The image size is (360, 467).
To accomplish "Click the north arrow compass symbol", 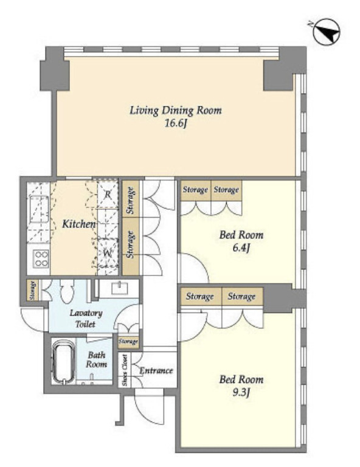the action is click(x=327, y=32).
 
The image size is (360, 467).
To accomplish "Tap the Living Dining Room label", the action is click(x=176, y=110).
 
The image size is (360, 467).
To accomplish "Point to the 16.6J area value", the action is click(x=176, y=123).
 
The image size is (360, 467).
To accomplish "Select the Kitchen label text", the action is click(x=79, y=224).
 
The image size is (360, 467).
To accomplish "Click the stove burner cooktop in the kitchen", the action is click(x=41, y=258).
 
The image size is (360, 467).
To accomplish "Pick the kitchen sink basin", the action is click(x=38, y=209).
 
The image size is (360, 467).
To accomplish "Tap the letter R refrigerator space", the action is click(x=108, y=195).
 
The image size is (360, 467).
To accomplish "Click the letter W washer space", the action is click(x=108, y=254).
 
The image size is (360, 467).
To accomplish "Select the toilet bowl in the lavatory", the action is click(x=66, y=291).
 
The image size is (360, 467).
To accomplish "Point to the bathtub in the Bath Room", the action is click(x=63, y=361).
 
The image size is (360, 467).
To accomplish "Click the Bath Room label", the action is click(x=97, y=359).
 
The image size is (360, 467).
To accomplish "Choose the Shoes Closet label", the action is click(x=125, y=370).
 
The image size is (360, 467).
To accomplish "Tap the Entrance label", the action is click(x=156, y=370).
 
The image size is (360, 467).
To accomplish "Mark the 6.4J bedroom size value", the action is click(x=241, y=247).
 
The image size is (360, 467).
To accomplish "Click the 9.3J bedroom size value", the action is click(x=241, y=392).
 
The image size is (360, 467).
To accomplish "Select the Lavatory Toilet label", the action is click(x=86, y=319).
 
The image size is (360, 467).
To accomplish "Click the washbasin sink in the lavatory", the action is click(x=120, y=288).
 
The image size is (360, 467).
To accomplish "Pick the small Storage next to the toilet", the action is click(x=32, y=290).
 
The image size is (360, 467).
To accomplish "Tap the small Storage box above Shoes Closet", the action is click(x=128, y=341).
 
